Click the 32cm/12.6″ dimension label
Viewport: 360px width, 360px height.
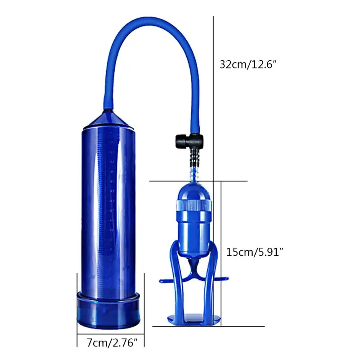coord(248,64)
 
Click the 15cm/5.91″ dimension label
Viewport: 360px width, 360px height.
coord(255,252)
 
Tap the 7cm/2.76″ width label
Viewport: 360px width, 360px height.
coord(112,343)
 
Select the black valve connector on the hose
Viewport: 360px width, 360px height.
coord(189,140)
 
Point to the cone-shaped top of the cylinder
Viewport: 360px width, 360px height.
coord(108,119)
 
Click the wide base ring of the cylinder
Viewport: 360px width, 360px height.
coord(108,310)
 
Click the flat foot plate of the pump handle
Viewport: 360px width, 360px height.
coord(194,319)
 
